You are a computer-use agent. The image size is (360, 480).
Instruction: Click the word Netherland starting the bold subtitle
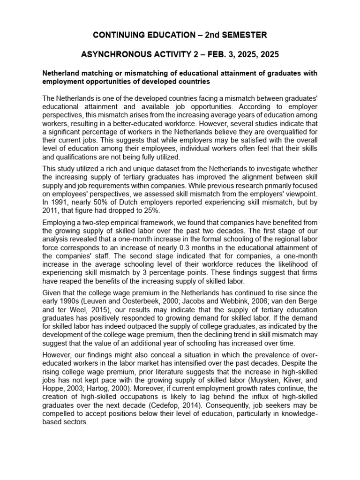point(62,74)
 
